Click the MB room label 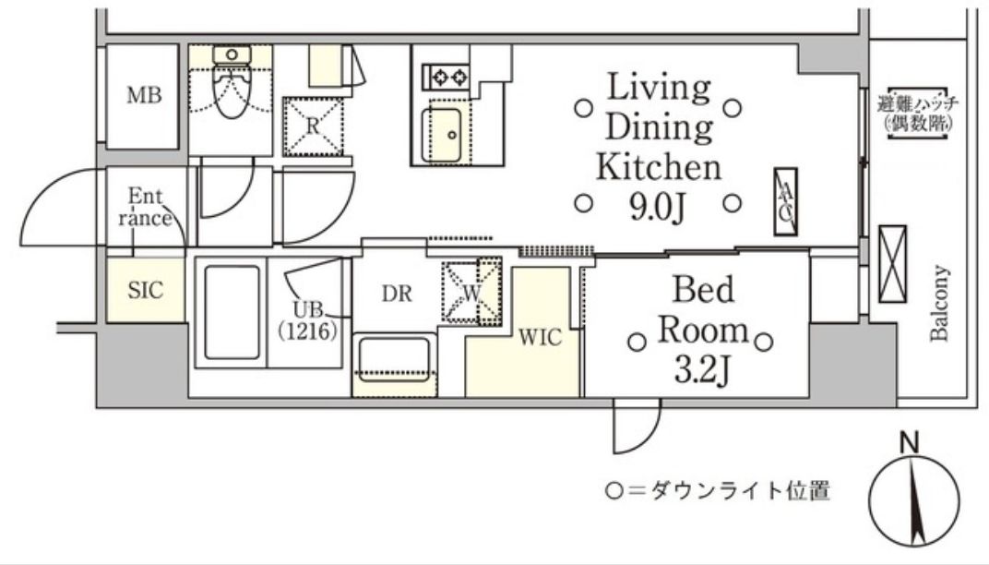click(x=144, y=95)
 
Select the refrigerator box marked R click(x=313, y=126)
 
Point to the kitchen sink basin click(x=442, y=134)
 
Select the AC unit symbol click(x=786, y=201)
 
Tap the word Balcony click(x=940, y=303)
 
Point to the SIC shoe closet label click(x=145, y=291)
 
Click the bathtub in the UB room click(x=232, y=312)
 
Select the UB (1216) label click(x=308, y=320)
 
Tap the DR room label click(x=397, y=294)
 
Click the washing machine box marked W click(x=471, y=292)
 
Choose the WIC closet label click(x=540, y=338)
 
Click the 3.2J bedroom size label click(x=702, y=370)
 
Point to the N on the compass click(x=909, y=443)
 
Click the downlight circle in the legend click(x=614, y=490)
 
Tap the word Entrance click(x=146, y=207)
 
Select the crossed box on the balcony click(x=892, y=265)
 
